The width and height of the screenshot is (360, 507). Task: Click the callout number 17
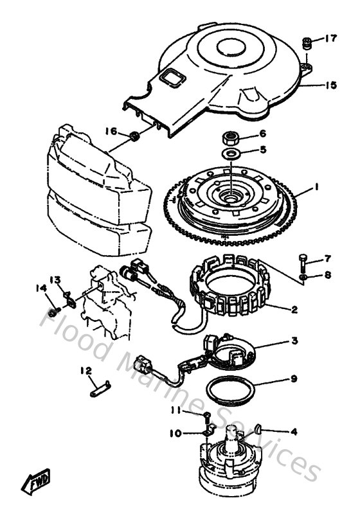pyautogui.click(x=330, y=39)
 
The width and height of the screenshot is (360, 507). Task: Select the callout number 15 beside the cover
pyautogui.click(x=330, y=85)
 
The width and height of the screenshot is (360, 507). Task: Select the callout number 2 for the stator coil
pyautogui.click(x=293, y=309)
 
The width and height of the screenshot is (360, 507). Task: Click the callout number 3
pyautogui.click(x=293, y=341)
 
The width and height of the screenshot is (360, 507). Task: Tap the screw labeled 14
pyautogui.click(x=55, y=310)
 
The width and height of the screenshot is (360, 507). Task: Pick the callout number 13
pyautogui.click(x=55, y=280)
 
